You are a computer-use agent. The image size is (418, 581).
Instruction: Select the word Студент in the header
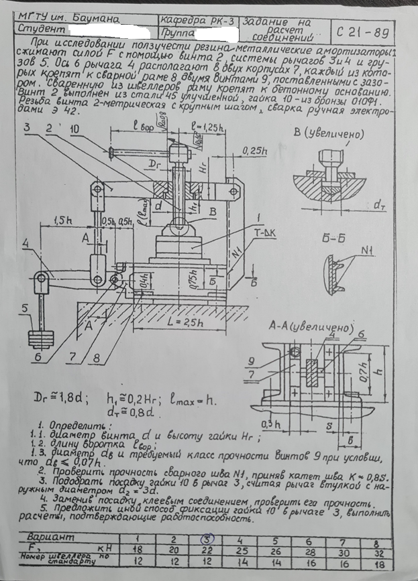click(x=40, y=30)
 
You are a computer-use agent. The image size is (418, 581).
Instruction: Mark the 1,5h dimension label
click(x=64, y=219)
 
